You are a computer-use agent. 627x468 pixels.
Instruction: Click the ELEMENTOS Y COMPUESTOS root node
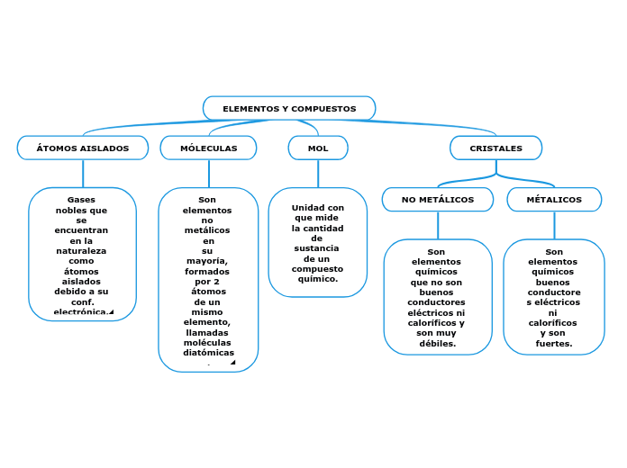click(289, 109)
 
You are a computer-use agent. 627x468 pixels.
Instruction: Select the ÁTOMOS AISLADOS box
click(83, 148)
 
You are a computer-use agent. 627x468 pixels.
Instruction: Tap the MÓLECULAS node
click(208, 148)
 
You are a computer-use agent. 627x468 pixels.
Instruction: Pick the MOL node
click(318, 148)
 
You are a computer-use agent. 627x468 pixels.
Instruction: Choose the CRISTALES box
click(495, 148)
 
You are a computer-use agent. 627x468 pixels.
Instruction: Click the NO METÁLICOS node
click(438, 200)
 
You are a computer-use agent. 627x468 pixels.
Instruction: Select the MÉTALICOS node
click(554, 200)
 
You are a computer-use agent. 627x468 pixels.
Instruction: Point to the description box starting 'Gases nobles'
click(82, 255)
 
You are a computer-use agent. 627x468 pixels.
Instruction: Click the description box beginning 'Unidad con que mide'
click(318, 242)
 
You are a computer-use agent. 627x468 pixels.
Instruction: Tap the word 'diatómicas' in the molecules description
click(208, 353)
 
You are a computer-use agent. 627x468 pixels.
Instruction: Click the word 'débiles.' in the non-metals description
click(437, 343)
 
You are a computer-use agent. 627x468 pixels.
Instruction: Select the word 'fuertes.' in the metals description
click(554, 343)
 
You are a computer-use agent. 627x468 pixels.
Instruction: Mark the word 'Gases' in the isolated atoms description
click(81, 200)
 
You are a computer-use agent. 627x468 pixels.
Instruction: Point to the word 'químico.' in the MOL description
click(318, 279)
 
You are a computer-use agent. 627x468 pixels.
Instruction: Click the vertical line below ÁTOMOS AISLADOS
click(83, 174)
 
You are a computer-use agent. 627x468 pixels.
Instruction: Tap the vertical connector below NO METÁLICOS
click(438, 226)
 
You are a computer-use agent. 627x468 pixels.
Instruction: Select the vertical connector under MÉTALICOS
click(554, 226)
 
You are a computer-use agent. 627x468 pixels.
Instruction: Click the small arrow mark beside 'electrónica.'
click(111, 312)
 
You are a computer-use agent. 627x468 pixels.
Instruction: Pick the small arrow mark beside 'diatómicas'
click(232, 363)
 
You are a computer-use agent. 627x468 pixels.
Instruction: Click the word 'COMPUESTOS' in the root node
click(323, 109)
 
